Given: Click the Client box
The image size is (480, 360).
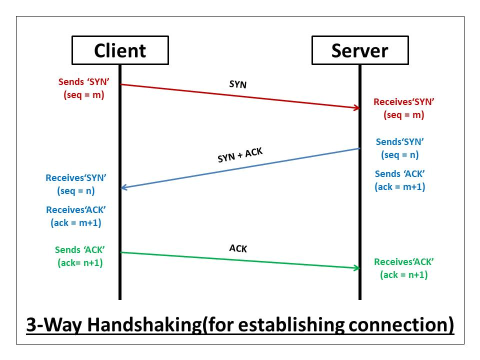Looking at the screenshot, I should point(120,50).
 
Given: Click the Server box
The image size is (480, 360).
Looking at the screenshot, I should point(359,50).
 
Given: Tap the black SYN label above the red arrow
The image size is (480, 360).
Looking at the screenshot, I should point(238,84).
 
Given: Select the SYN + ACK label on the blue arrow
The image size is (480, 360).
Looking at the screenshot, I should point(240,155).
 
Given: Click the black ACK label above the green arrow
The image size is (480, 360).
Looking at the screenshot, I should point(238,248).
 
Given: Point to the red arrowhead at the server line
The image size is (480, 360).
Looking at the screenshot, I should point(356,107).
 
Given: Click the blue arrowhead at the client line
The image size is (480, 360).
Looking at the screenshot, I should point(124,188).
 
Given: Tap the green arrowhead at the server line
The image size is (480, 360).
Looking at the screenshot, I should point(356,268).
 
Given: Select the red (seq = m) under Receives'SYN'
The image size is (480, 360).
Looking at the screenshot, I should point(403,114).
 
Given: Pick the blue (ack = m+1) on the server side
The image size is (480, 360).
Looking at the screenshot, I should point(400,186).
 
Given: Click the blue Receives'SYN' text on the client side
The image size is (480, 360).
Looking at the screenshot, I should point(76,177).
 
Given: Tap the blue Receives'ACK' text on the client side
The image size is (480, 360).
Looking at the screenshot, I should point(76,210).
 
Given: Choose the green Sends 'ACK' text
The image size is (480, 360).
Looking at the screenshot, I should point(80,250).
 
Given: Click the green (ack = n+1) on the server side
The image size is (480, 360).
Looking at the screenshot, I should point(404,274).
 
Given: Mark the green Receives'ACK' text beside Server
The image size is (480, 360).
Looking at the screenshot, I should point(404,261).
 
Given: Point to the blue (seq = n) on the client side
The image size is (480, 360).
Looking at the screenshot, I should point(76,190).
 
